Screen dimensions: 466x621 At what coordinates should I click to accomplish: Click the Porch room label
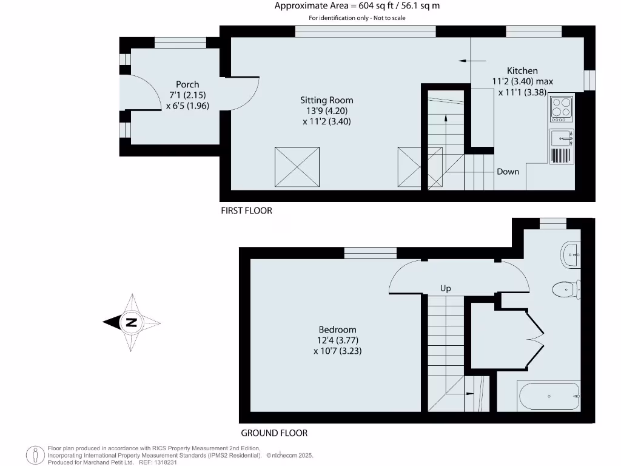[x=187, y=84]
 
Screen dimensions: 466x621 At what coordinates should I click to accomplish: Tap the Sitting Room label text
[x=326, y=100]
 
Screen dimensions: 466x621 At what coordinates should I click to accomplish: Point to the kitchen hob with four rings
[x=562, y=108]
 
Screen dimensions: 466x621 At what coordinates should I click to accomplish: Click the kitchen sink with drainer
[x=562, y=138]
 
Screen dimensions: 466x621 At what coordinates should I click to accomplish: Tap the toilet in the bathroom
[x=566, y=289]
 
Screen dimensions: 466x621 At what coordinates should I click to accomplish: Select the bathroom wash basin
[x=571, y=255]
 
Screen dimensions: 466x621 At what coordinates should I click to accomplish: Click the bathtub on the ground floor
[x=549, y=396]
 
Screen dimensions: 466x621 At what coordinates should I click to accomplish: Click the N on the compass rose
[x=130, y=323]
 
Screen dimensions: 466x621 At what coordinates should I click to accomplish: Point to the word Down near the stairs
[x=508, y=172]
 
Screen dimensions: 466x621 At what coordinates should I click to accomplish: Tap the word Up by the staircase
[x=445, y=288]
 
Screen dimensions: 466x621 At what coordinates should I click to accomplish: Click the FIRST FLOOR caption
[x=246, y=211]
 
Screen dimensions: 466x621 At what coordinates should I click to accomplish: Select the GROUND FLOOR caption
[x=274, y=433]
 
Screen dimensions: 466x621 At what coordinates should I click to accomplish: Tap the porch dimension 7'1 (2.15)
[x=187, y=95]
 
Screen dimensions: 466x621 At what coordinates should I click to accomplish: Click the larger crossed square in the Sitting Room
[x=297, y=166]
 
